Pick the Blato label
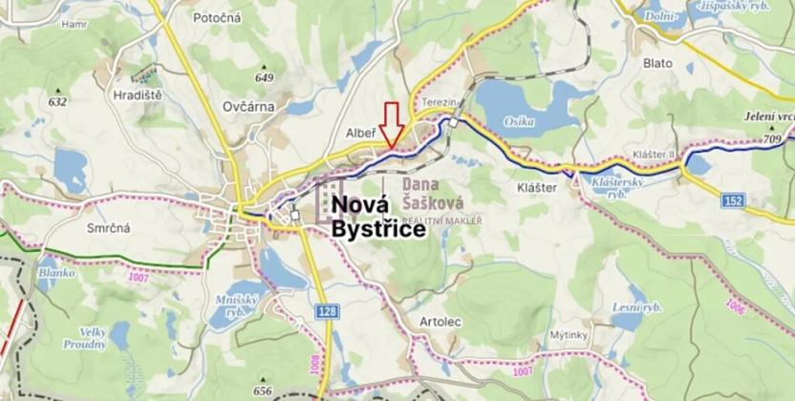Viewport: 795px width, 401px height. (657, 63)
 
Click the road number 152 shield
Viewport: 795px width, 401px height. (733, 200)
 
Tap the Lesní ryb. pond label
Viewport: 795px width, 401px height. (636, 307)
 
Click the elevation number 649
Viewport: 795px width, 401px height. (265, 78)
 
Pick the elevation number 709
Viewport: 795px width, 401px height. (773, 139)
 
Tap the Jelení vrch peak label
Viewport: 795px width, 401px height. (768, 116)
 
